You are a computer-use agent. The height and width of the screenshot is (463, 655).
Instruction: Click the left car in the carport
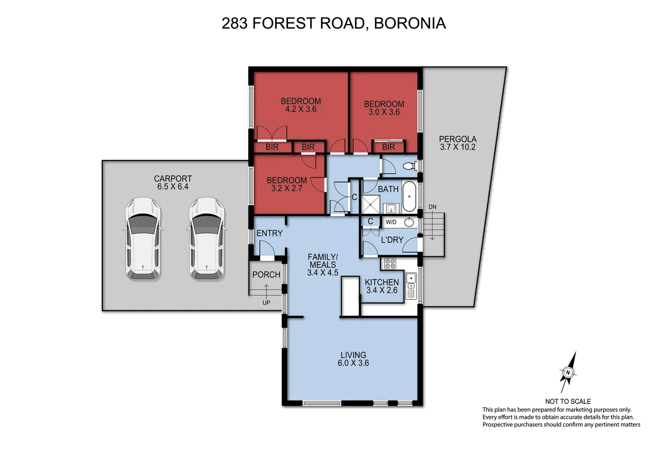143,239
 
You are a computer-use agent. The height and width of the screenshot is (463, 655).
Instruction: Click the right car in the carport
207,239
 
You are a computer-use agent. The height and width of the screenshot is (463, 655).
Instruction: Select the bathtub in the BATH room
409,196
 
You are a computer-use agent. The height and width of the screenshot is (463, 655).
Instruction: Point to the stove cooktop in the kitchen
390,264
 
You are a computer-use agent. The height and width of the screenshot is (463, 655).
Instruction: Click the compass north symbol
568,372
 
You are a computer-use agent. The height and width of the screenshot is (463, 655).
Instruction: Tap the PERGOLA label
457,139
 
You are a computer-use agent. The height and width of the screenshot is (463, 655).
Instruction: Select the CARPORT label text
173,178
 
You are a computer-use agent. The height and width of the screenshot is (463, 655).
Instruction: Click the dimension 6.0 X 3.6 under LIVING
353,363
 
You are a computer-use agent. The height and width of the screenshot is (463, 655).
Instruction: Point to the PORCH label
266,275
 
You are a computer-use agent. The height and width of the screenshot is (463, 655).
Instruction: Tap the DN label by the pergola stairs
432,207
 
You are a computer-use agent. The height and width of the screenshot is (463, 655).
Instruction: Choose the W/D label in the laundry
391,222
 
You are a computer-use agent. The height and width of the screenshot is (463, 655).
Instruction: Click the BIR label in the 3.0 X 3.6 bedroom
388,147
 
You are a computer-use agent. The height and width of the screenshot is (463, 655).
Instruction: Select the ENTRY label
269,233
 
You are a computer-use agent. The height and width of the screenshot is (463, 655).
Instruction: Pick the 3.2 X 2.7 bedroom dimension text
286,188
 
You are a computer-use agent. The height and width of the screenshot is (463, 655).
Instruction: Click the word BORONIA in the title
410,23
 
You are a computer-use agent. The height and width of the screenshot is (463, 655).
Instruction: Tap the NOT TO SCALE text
568,401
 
